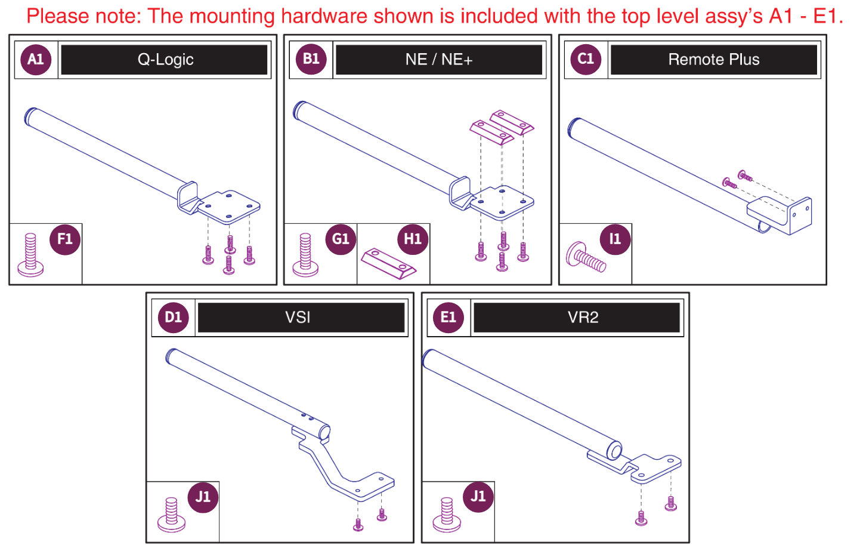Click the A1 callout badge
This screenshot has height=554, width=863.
(x=36, y=59)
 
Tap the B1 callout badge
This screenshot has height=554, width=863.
(x=311, y=59)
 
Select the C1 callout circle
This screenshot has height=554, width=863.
(x=586, y=59)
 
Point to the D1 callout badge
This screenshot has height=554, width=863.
(x=174, y=317)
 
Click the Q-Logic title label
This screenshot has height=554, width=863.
(x=165, y=60)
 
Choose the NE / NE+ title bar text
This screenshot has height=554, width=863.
(x=439, y=60)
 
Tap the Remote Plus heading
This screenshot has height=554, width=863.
(x=713, y=60)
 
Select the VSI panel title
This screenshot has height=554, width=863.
(x=298, y=317)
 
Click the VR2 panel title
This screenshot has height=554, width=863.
(x=583, y=317)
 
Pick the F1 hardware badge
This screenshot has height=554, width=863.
(x=65, y=239)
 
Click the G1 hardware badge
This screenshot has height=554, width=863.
(x=341, y=239)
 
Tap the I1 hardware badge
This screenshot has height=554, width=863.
(x=615, y=239)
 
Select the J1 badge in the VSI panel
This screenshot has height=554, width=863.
(x=203, y=497)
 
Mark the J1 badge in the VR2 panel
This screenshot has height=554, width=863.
(x=478, y=497)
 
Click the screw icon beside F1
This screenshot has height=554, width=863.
(x=30, y=255)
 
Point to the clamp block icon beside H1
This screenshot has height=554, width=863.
(x=388, y=263)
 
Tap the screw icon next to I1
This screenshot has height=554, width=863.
(x=585, y=257)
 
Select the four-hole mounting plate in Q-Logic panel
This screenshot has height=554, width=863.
(x=229, y=207)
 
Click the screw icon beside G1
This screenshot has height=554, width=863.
(x=305, y=255)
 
